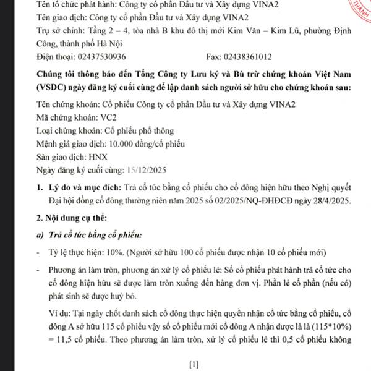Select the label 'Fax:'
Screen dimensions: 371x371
(213, 56)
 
